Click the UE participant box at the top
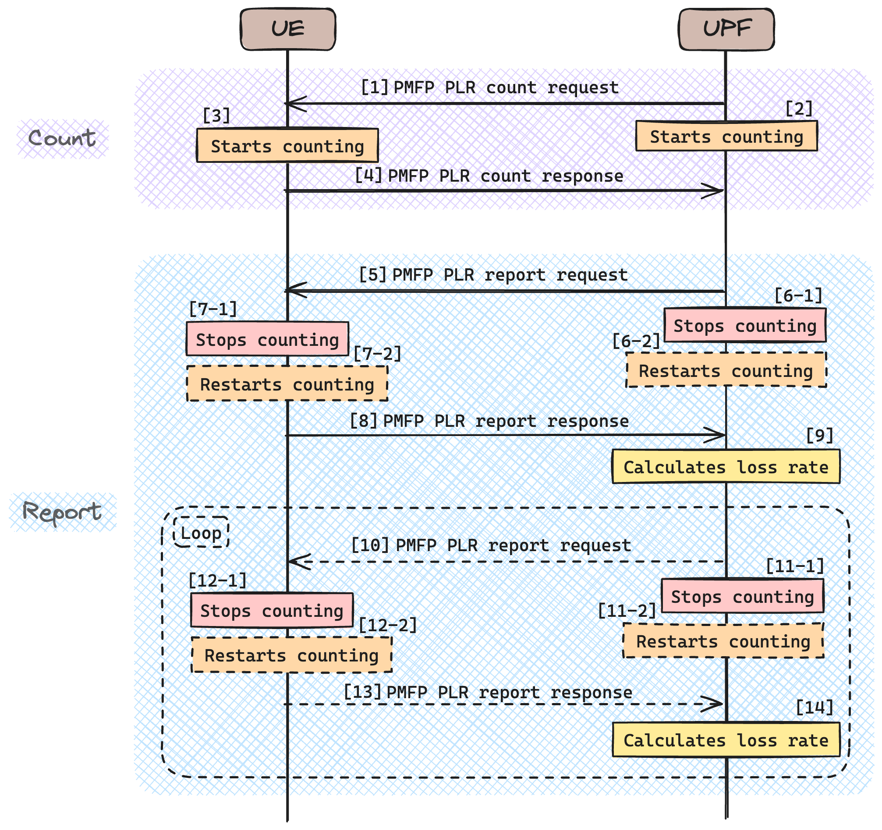[x=287, y=29]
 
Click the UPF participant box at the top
[x=726, y=29]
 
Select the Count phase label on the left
[x=62, y=138]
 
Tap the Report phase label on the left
[x=62, y=513]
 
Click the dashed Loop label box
[x=201, y=532]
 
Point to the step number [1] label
[x=375, y=88]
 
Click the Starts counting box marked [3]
[x=287, y=146]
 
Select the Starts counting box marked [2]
[x=726, y=137]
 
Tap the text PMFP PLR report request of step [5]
[x=510, y=275]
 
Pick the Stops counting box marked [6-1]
[x=745, y=326]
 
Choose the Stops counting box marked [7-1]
[x=267, y=340]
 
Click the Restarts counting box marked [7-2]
[x=287, y=384]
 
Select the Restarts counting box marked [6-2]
[x=726, y=370]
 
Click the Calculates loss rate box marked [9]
[x=726, y=467]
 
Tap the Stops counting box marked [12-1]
[x=272, y=611]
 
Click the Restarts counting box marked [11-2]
[x=723, y=641]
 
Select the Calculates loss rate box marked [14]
[x=726, y=740]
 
